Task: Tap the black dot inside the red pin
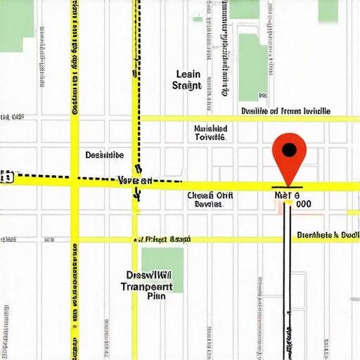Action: click(288, 149)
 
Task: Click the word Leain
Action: click(187, 74)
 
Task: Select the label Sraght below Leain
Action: click(186, 86)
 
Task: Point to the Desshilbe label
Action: click(105, 155)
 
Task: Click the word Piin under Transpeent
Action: click(156, 297)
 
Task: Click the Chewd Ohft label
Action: click(209, 195)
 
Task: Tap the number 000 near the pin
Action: click(304, 203)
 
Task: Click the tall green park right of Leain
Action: click(252, 63)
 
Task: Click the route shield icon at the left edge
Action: click(7, 177)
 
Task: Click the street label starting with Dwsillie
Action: click(285, 110)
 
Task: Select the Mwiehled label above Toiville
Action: click(210, 129)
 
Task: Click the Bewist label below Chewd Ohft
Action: click(208, 205)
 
